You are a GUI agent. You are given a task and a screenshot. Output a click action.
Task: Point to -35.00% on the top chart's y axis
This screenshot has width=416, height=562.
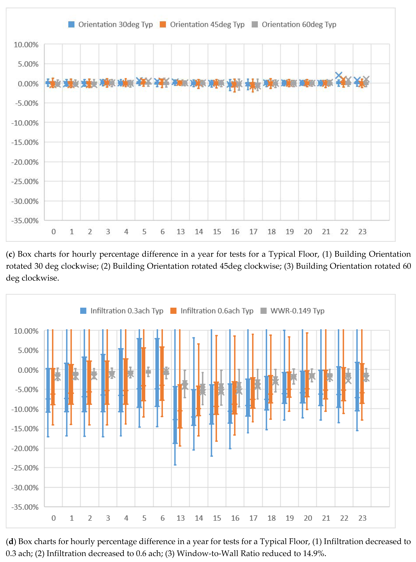[x=25, y=221]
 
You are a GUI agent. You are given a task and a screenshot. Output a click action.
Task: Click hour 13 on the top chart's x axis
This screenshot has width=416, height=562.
[x=181, y=232]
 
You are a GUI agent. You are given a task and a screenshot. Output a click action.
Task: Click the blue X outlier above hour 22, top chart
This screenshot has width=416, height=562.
[x=339, y=75]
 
